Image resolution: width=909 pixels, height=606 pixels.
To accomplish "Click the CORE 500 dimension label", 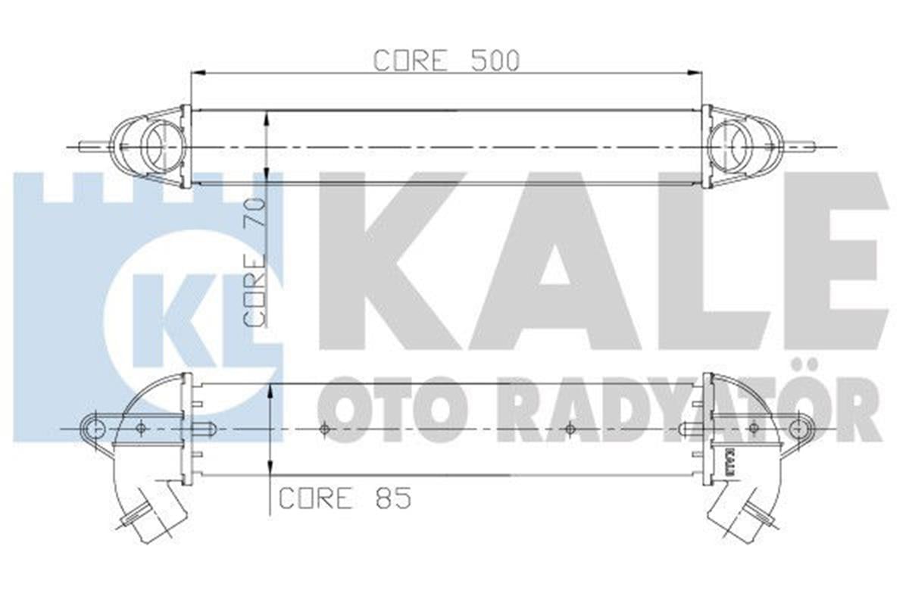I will click(446, 61).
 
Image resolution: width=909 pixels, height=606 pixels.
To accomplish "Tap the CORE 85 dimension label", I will click(345, 498).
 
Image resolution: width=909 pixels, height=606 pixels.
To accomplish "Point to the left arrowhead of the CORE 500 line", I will click(195, 73).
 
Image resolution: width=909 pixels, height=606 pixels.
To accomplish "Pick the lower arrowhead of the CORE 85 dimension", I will click(270, 469).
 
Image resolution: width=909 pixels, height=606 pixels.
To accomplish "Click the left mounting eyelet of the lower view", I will click(94, 429).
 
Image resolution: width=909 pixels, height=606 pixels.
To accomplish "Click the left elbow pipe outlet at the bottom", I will click(144, 523).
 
